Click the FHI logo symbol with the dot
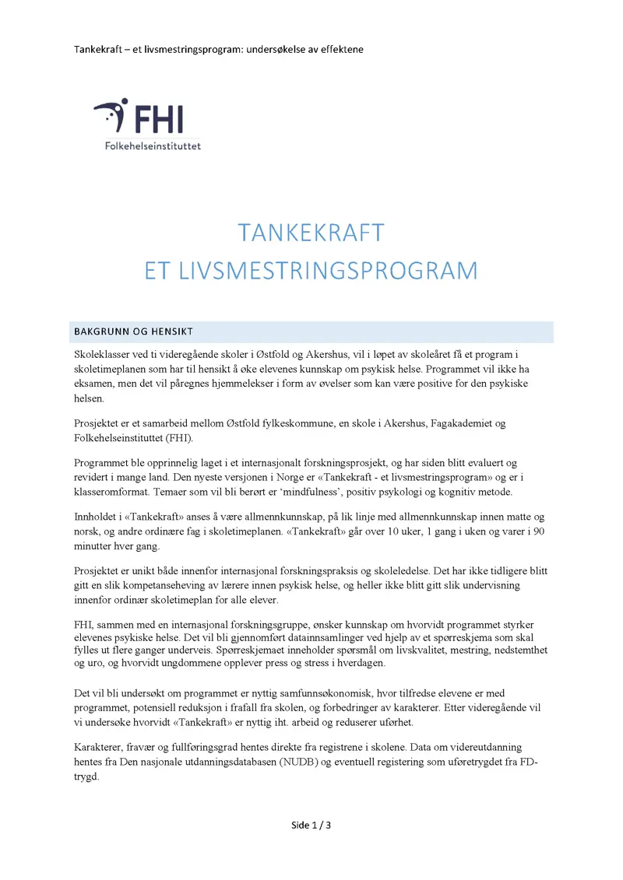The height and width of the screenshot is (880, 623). (x=111, y=116)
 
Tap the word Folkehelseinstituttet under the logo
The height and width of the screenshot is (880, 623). (x=153, y=145)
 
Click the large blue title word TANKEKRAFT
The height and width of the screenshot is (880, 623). (x=311, y=233)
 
